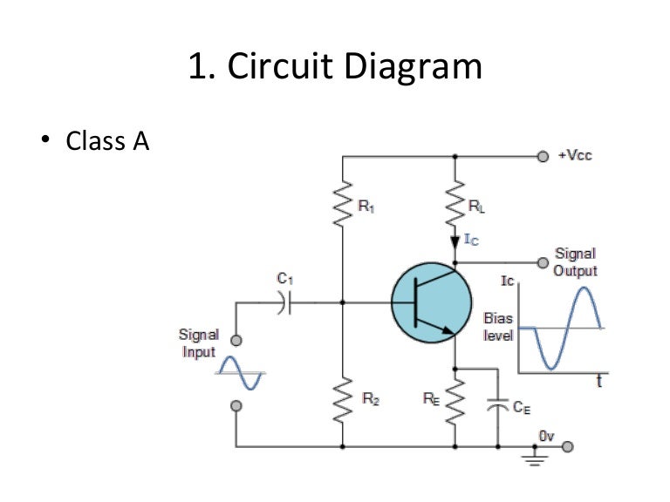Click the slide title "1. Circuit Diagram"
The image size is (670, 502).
pos(335,67)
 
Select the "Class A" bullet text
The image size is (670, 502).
pos(107,140)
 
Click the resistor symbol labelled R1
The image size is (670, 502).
pos(342,206)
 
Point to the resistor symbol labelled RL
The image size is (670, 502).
pos(455,206)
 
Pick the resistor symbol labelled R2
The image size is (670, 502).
pos(342,401)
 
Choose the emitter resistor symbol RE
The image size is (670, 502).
pos(455,401)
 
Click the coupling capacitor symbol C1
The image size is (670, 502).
pos(284,303)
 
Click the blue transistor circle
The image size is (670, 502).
pos(426,303)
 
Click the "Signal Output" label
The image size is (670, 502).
pos(575,261)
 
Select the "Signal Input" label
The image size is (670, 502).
pos(198,343)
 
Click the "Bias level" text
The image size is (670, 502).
pos(498,327)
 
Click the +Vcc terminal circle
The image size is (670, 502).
pos(543,157)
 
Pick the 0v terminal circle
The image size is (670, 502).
pos(568,447)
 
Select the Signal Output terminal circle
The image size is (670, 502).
pos(543,261)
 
